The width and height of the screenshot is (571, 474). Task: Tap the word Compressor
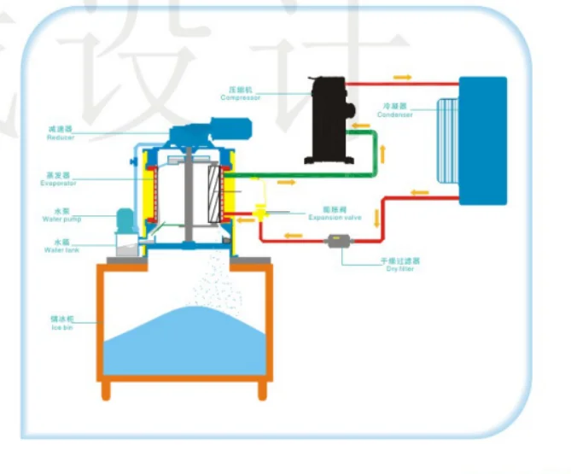[x=240, y=97]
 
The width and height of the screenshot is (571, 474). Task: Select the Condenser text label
[x=396, y=114]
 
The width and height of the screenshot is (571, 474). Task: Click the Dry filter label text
[x=400, y=268]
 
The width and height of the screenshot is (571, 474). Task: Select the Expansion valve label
[x=335, y=218]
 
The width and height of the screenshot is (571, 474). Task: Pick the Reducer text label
[x=61, y=138]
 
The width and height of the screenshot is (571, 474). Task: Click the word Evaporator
[x=59, y=184]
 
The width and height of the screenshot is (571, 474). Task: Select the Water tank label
[x=60, y=249]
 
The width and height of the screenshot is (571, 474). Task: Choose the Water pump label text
[x=60, y=219]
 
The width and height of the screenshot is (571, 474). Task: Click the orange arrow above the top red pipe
[x=403, y=77]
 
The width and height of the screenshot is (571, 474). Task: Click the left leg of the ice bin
[x=106, y=390]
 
